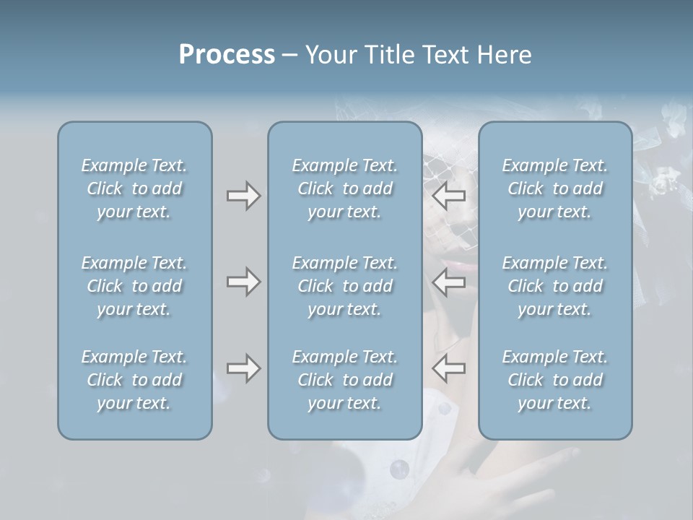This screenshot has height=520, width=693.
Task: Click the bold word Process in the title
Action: (227, 55)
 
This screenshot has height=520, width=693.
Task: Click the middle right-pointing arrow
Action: (243, 282)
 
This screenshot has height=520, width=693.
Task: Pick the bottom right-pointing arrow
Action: (243, 368)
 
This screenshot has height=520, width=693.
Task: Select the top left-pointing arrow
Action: (448, 195)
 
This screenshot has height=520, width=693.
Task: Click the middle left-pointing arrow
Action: (448, 282)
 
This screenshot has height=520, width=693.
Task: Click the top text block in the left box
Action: (134, 188)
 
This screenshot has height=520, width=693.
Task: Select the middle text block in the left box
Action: (134, 286)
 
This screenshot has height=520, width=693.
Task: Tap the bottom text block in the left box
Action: (134, 380)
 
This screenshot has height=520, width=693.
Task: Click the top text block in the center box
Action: (344, 188)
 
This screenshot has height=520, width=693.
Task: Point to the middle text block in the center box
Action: (344, 286)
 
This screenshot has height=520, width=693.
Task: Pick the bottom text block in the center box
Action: (344, 380)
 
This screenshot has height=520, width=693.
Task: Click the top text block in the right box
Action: (554, 188)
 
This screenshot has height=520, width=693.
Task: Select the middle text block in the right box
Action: (554, 286)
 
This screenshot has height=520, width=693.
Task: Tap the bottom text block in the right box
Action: (554, 380)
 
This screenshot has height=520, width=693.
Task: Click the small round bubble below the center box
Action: (399, 469)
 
